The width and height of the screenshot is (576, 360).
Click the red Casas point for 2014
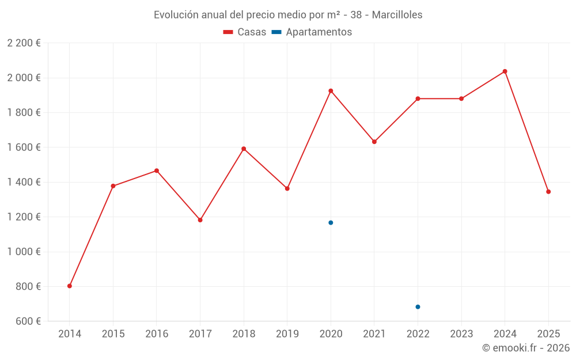coord(70,286)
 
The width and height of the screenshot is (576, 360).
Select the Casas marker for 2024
coord(505,71)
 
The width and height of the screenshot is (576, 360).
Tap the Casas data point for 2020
coord(331,90)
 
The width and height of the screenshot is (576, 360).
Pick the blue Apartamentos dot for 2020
coord(331,222)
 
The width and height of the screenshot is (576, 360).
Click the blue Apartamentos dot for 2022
coord(418,306)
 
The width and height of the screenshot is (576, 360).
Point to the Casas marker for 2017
coord(200,220)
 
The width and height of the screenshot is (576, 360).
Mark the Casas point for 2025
coord(548,192)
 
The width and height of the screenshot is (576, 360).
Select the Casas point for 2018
coord(244,149)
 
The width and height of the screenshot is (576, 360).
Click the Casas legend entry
coord(245,32)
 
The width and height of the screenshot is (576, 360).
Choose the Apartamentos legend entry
coord(312,32)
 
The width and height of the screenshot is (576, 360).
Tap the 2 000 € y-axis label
coord(24,78)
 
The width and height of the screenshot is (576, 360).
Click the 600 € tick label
coord(27,321)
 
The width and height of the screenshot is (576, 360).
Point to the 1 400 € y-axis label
coord(24,182)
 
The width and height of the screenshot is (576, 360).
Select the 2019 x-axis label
coord(287,334)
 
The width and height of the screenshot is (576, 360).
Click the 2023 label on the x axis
coord(461,334)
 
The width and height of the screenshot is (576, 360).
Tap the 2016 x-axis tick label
coord(156,334)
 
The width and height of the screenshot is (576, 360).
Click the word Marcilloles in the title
coord(397,15)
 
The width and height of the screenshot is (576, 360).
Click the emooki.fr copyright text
coord(525,348)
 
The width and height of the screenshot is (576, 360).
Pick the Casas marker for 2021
coord(374,142)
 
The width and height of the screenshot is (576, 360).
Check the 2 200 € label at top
coord(24,43)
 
